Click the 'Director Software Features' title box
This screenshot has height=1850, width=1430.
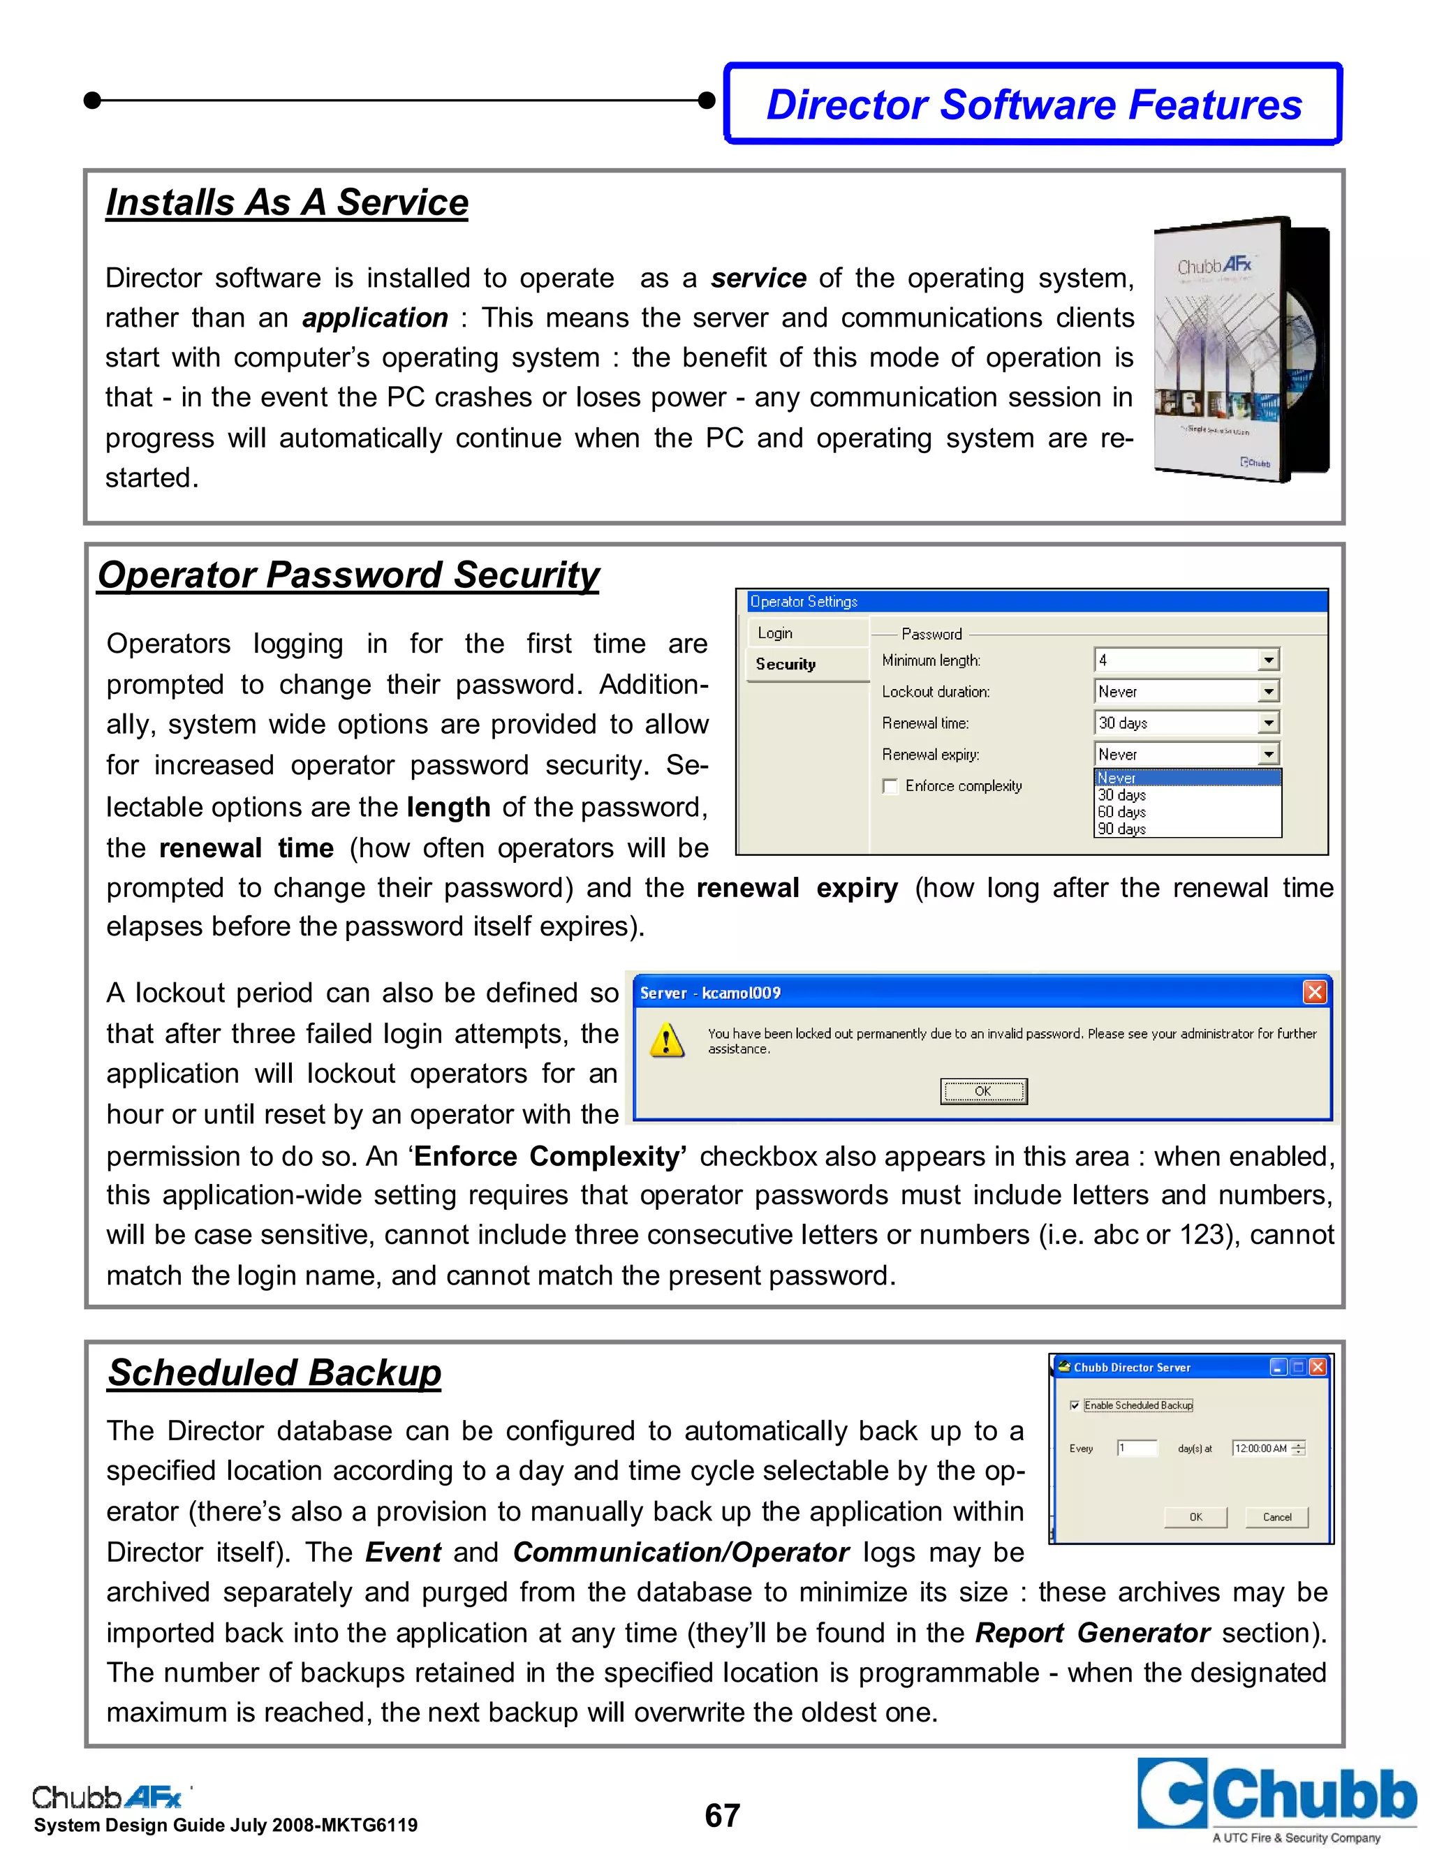[x=1033, y=104]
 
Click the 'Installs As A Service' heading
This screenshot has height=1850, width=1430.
[x=286, y=202]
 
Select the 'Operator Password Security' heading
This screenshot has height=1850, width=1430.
[x=348, y=575]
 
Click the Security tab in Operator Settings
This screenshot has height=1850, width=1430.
[x=786, y=664]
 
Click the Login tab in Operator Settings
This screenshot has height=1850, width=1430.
[x=775, y=632]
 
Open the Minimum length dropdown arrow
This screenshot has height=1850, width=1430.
[x=1268, y=660]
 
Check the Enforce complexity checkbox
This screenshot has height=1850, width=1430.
[x=890, y=786]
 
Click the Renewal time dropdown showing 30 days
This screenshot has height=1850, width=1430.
[x=1186, y=723]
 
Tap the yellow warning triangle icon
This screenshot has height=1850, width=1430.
[x=667, y=1040]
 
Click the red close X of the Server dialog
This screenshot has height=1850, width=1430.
[x=1314, y=992]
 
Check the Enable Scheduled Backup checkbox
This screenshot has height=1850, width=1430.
[x=1075, y=1405]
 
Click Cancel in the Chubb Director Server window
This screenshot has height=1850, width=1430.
[x=1276, y=1517]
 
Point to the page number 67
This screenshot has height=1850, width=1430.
[x=722, y=1815]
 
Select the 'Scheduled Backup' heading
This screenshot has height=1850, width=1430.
[x=274, y=1373]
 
